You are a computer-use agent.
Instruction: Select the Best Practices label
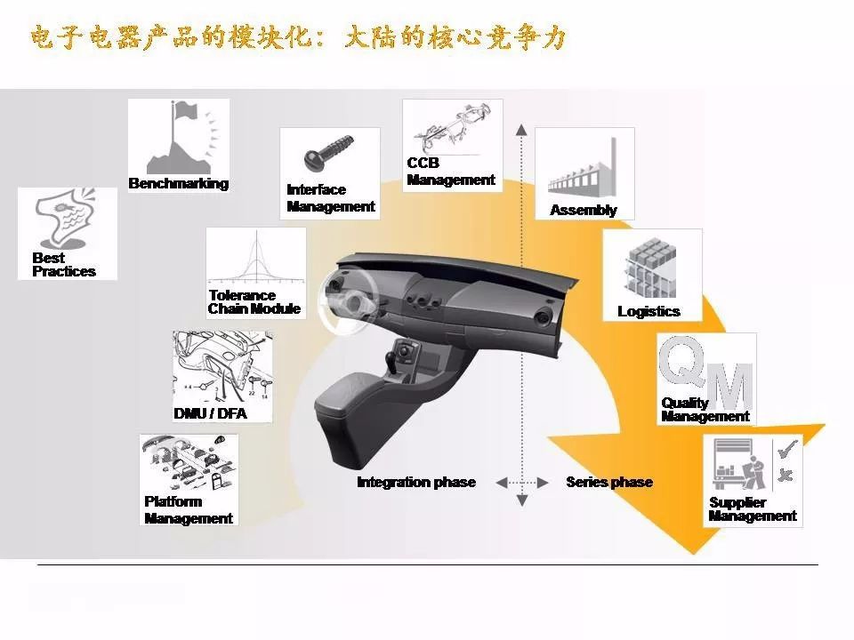[64, 265]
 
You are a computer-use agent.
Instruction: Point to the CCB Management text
[451, 172]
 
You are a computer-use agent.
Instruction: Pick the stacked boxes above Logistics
[651, 268]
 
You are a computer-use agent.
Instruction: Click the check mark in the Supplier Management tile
[787, 450]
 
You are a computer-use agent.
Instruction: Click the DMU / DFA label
[210, 413]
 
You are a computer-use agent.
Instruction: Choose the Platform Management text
[189, 510]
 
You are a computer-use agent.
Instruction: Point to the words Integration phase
[416, 482]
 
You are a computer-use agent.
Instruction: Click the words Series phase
[608, 482]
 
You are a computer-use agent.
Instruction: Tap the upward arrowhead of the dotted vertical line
[522, 130]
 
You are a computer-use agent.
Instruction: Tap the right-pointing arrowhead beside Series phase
[543, 483]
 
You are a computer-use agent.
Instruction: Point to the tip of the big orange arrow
[694, 554]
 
